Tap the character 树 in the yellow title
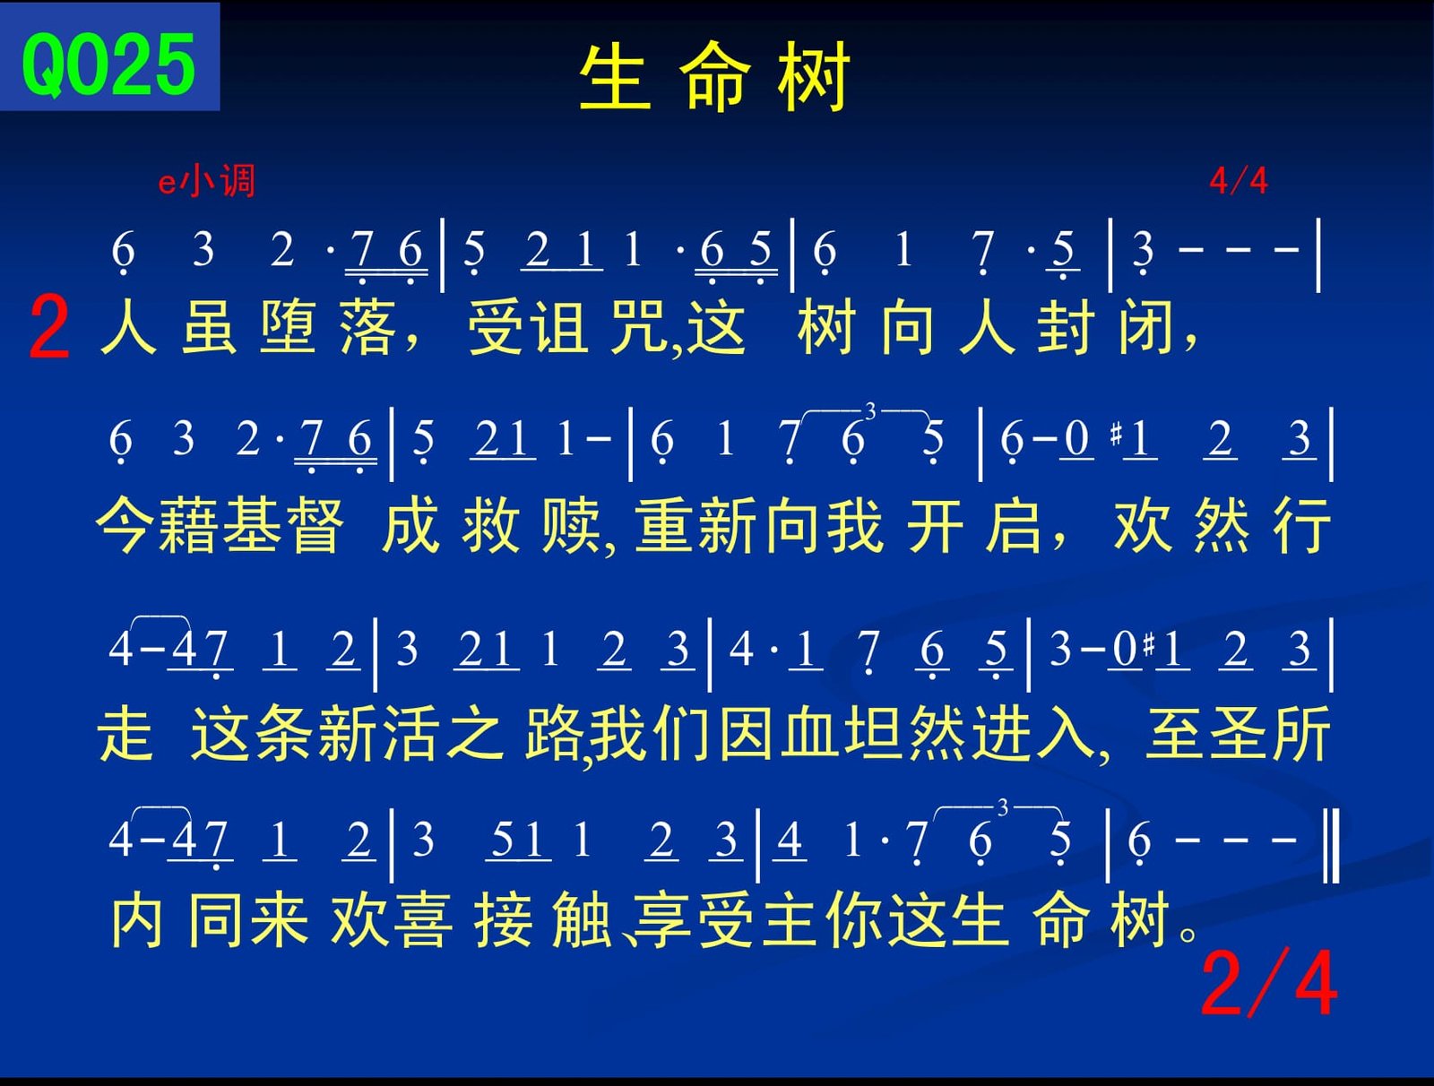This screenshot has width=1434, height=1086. (x=813, y=77)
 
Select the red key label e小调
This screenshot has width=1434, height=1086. (x=206, y=181)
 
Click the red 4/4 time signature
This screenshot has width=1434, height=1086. (x=1239, y=181)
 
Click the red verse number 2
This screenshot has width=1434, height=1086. (x=49, y=326)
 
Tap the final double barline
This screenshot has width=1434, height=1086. (x=1333, y=845)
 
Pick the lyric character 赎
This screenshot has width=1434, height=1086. (x=571, y=526)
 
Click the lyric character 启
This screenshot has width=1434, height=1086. (x=1014, y=526)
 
